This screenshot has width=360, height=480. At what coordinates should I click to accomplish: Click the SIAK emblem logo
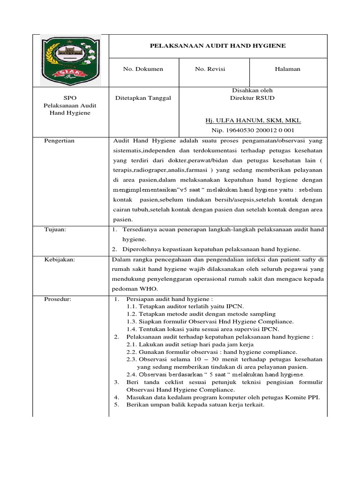[70, 60]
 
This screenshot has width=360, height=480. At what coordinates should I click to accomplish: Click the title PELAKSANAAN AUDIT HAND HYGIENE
[217, 45]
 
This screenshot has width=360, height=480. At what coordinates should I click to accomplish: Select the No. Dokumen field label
[143, 69]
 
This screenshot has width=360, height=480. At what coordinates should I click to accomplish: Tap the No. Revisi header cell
[210, 69]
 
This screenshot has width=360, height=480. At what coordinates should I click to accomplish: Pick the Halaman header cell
[287, 69]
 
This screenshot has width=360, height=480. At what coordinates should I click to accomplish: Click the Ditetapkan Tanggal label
[143, 98]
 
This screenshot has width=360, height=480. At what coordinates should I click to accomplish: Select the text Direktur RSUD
[252, 98]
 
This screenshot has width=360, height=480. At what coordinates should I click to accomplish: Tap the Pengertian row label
[59, 141]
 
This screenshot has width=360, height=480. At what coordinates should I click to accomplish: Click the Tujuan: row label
[55, 229]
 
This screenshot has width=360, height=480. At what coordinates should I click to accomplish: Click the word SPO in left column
[70, 98]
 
